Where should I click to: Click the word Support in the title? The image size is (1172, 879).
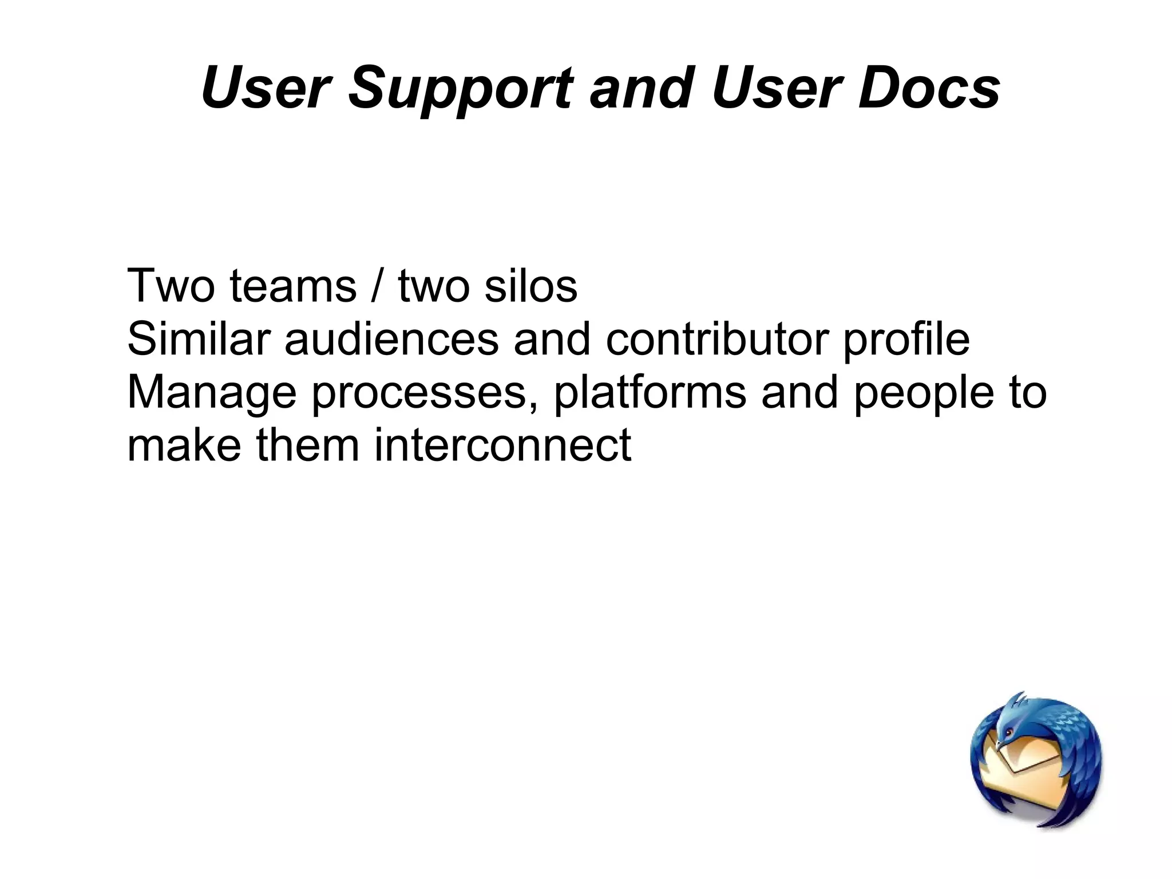click(461, 89)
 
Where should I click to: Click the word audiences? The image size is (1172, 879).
click(391, 338)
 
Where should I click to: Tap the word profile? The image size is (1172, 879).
click(906, 338)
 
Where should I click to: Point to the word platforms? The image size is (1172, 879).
click(650, 393)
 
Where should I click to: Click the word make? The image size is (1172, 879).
click(184, 445)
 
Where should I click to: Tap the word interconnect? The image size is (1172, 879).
click(502, 445)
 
